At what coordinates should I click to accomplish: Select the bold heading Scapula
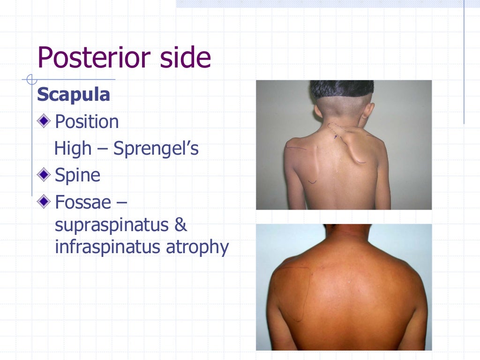(x=74, y=95)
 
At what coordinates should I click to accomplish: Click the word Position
(x=87, y=122)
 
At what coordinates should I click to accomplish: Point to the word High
(x=73, y=149)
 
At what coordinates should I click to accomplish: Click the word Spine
(x=77, y=175)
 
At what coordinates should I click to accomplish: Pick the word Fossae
(x=83, y=202)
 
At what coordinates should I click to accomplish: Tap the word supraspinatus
(x=111, y=225)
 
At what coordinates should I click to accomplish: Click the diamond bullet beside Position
(x=44, y=121)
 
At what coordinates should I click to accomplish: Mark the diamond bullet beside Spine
(x=44, y=175)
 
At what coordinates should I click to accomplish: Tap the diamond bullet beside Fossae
(x=44, y=202)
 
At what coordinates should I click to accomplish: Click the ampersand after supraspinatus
(x=180, y=225)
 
